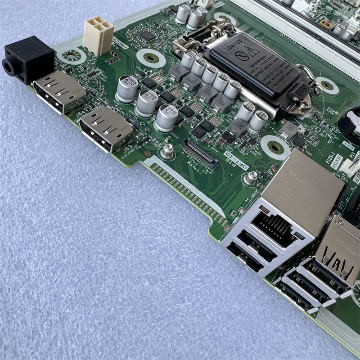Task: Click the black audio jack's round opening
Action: coord(9,67)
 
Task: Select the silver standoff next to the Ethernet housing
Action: coord(250,178)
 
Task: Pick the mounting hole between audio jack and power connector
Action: coord(72,56)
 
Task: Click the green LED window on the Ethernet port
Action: coord(297,235)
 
